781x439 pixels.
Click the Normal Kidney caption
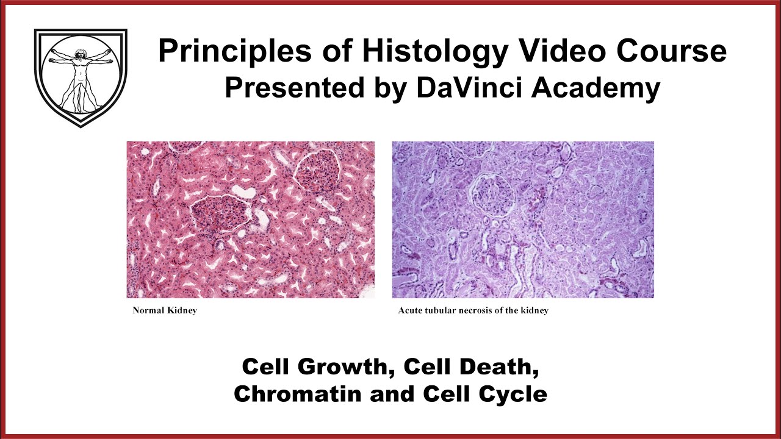tap(165, 310)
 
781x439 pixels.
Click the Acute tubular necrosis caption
tap(473, 310)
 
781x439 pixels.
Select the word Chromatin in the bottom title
tap(300, 394)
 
